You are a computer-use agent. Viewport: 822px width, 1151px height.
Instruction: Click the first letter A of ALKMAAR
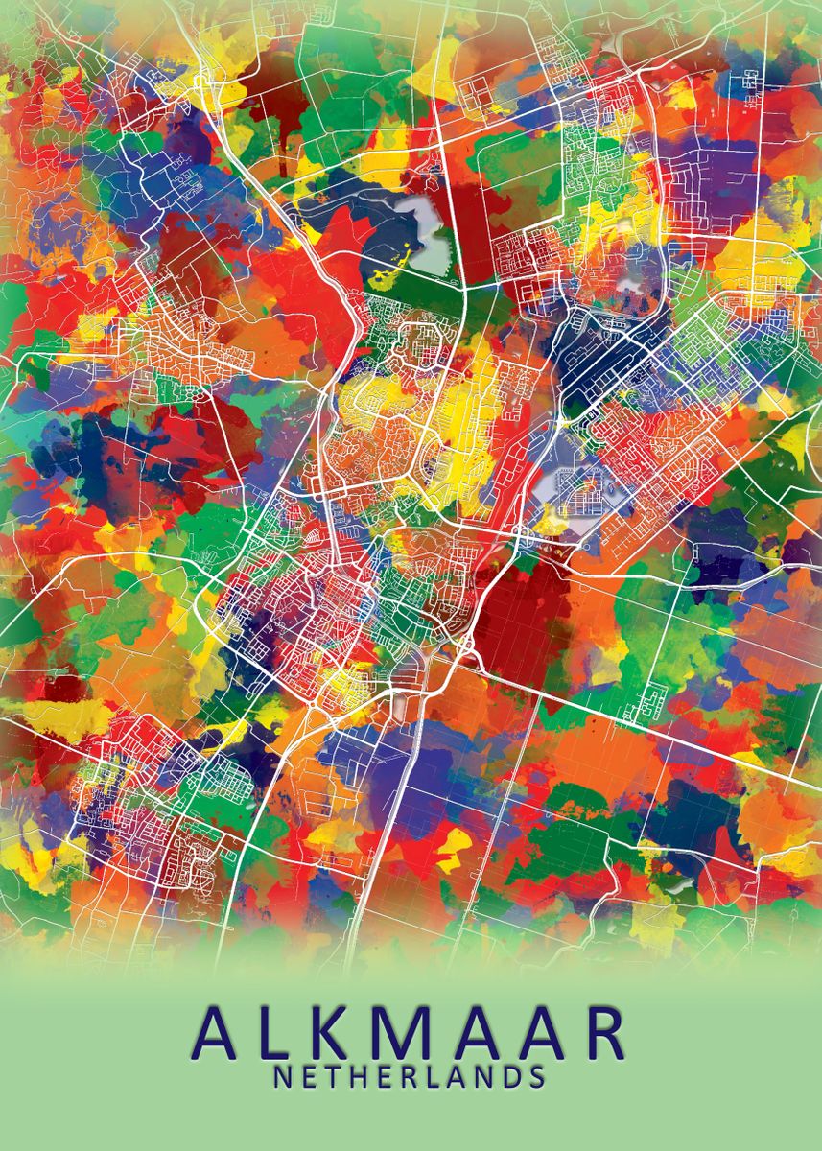(219, 1033)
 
